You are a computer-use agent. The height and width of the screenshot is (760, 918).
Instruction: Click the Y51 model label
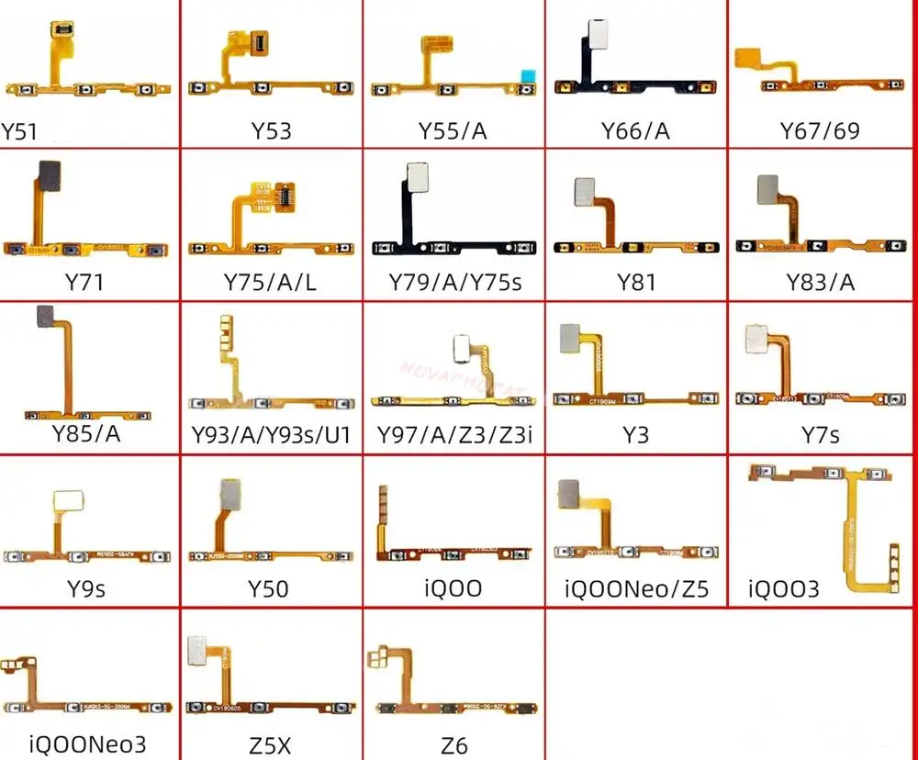(19, 131)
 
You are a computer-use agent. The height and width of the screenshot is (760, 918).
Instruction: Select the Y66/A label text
(635, 131)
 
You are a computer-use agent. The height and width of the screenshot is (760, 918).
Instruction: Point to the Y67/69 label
(820, 130)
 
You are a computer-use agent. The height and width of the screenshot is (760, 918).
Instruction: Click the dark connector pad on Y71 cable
(46, 173)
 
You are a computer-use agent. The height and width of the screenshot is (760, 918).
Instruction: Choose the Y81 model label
(636, 282)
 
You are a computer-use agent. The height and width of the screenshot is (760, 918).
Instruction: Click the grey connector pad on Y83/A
(766, 190)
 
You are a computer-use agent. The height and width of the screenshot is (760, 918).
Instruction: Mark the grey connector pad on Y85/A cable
(43, 318)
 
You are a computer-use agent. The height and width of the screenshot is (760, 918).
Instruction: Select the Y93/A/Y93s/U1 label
(271, 434)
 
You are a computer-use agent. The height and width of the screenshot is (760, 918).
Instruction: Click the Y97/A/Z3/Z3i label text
(453, 434)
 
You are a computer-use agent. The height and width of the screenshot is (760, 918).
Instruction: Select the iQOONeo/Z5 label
(636, 588)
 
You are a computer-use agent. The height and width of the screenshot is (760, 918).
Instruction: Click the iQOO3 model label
(784, 588)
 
